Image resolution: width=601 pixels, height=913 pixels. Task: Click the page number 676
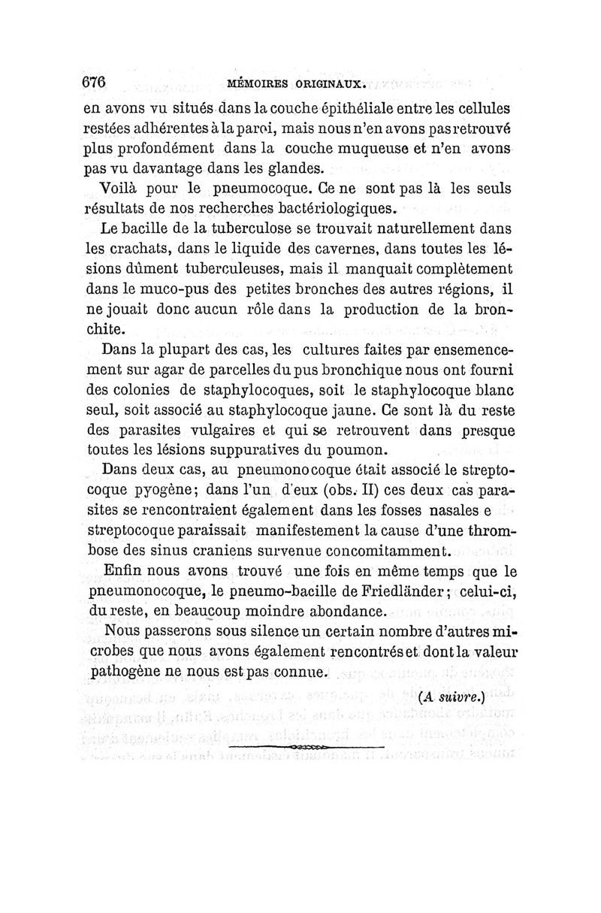coord(95,82)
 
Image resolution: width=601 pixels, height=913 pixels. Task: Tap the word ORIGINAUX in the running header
coord(328,84)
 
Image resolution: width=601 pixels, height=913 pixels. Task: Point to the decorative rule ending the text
coord(306,748)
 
